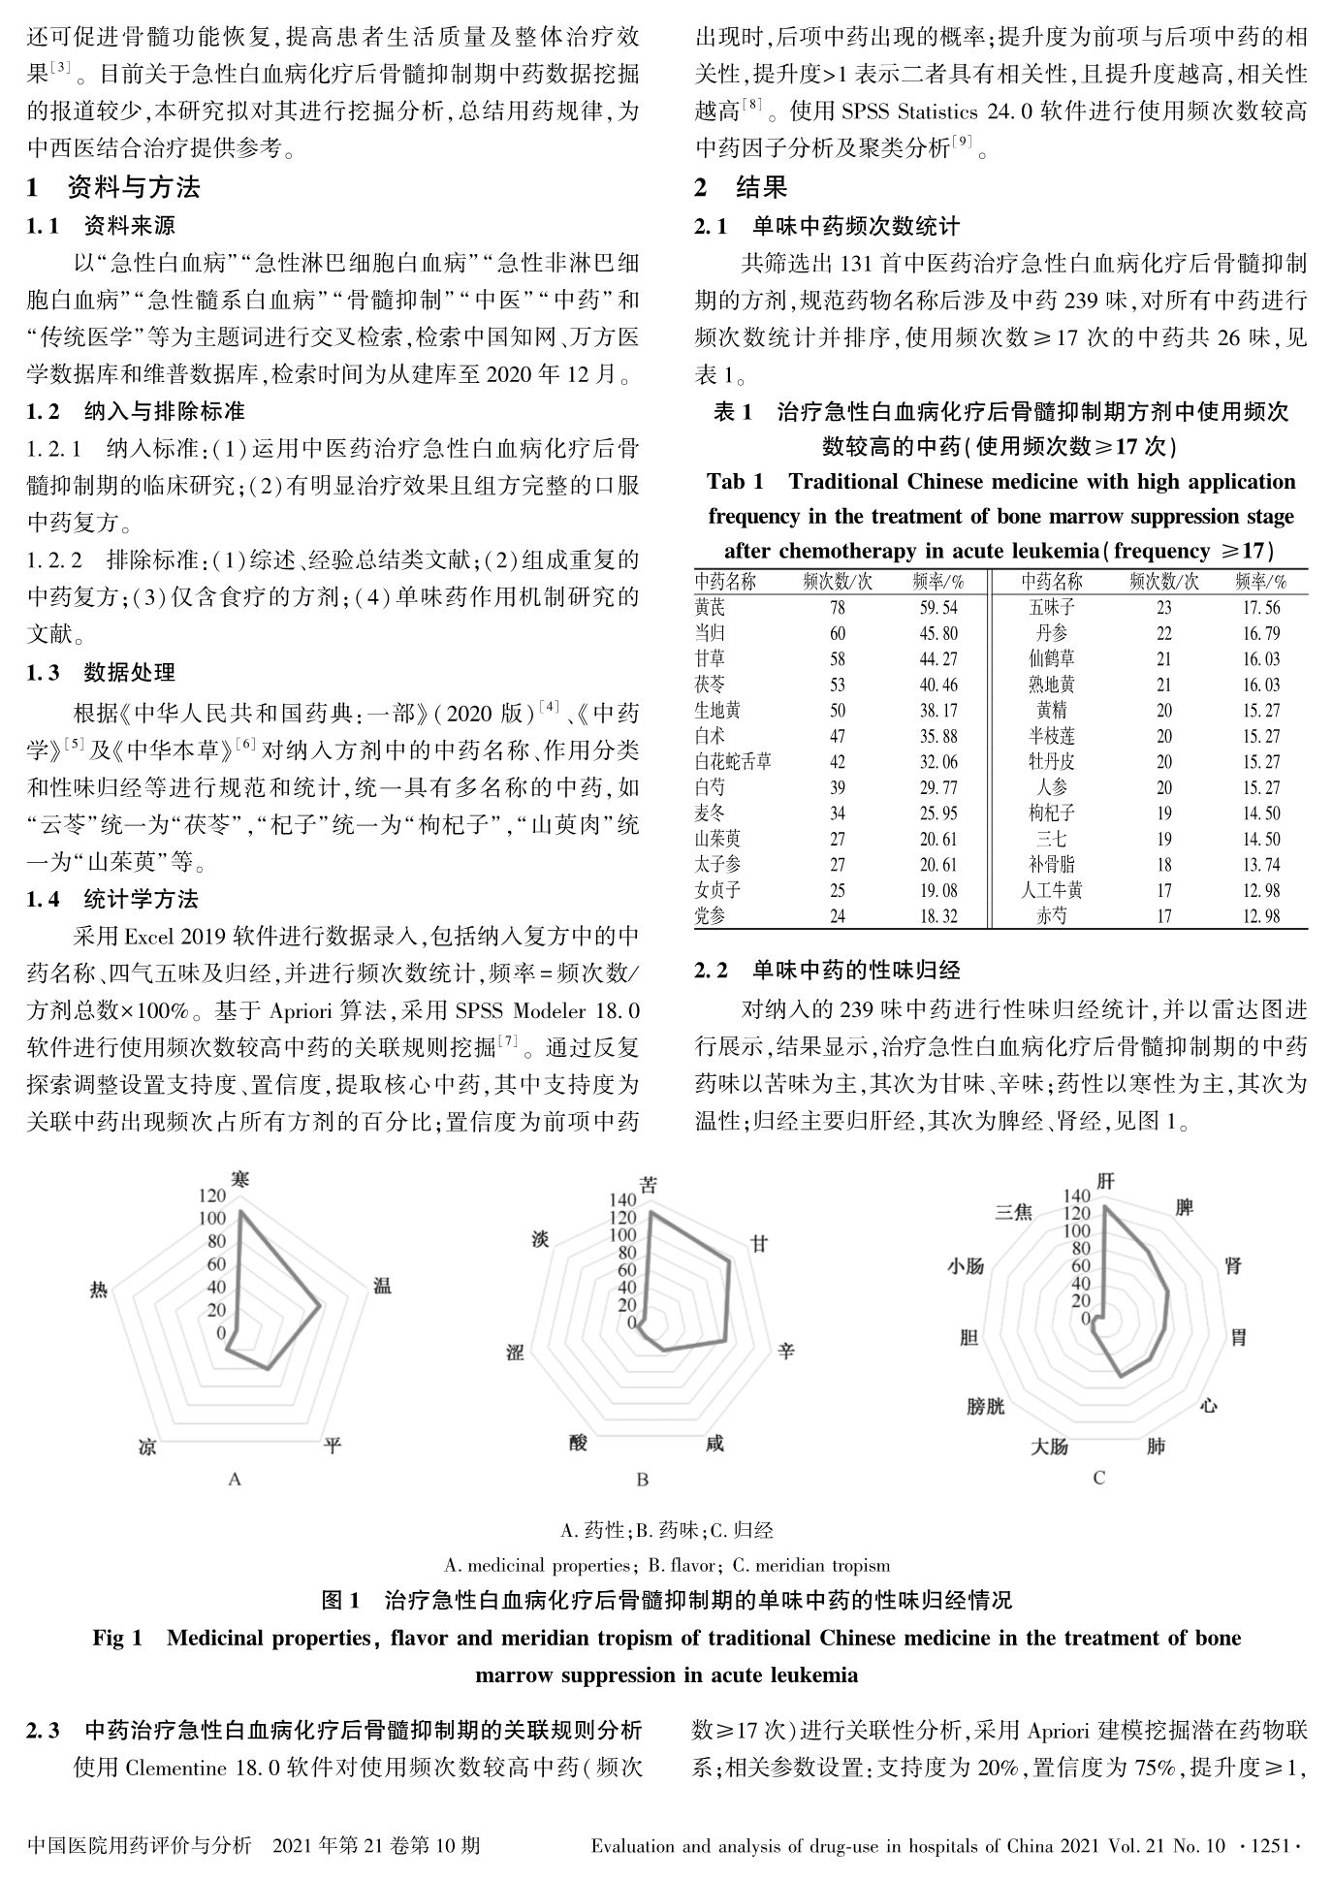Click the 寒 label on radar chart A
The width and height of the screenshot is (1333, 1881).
pyautogui.click(x=240, y=1179)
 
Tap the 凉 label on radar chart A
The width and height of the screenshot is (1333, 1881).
pyautogui.click(x=148, y=1446)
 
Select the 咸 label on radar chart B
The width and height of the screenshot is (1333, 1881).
pyautogui.click(x=714, y=1444)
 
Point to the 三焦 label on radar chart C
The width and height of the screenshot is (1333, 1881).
pyautogui.click(x=1013, y=1212)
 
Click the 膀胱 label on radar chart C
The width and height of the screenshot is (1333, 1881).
pyautogui.click(x=985, y=1406)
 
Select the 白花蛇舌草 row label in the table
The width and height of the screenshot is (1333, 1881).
pyautogui.click(x=733, y=762)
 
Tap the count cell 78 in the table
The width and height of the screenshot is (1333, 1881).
pyautogui.click(x=837, y=608)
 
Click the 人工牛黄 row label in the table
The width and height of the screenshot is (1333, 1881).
pyautogui.click(x=1051, y=890)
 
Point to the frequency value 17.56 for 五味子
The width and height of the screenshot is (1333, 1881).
pyautogui.click(x=1260, y=608)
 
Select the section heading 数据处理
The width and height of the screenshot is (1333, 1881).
pyautogui.click(x=129, y=672)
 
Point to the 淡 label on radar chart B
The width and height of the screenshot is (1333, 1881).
pyautogui.click(x=541, y=1240)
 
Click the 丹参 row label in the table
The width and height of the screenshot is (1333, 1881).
pyautogui.click(x=1051, y=633)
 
